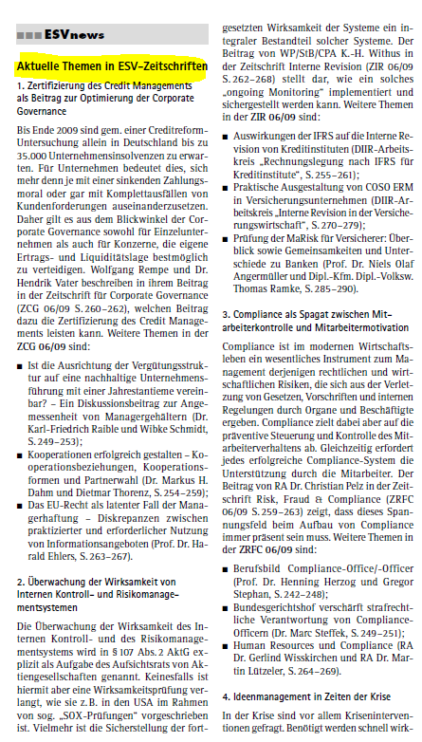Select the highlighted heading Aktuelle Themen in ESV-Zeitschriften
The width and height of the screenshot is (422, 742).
click(112, 68)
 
